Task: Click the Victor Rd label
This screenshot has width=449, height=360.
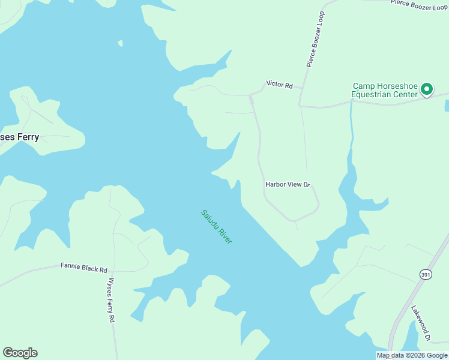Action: (279, 85)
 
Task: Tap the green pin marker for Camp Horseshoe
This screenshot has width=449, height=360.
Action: (427, 89)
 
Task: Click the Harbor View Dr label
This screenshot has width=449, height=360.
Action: (287, 185)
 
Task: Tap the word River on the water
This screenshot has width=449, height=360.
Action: (225, 235)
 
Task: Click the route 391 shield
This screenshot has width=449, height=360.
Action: (424, 274)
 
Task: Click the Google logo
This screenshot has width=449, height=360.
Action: (20, 353)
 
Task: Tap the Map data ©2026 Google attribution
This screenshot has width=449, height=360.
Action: (412, 355)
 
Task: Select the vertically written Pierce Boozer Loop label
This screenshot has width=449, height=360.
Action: (315, 38)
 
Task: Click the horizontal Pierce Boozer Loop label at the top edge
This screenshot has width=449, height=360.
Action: (418, 5)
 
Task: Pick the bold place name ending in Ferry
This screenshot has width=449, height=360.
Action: (19, 137)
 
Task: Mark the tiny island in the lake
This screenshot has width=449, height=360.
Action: (120, 43)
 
